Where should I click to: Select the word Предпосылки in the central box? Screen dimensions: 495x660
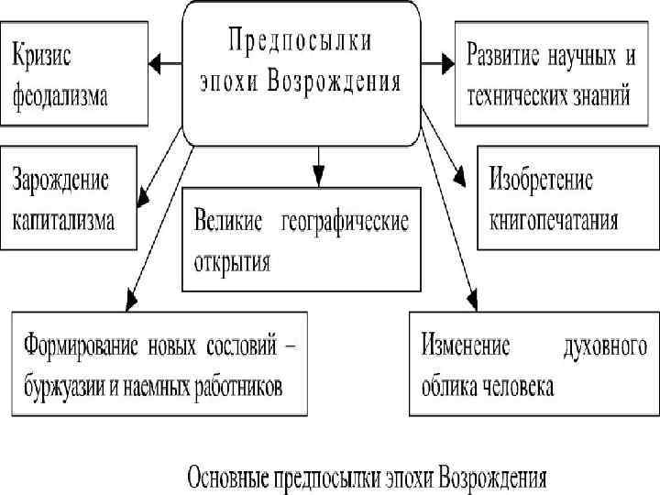click(301, 42)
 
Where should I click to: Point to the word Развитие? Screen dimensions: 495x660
click(506, 53)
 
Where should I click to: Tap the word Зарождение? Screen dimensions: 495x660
click(60, 180)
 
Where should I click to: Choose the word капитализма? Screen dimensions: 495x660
click(64, 220)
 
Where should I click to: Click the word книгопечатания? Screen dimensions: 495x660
click(554, 220)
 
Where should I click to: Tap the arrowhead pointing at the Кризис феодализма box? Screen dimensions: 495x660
click(155, 64)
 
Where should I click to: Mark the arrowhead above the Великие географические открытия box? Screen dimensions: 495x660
click(318, 177)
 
